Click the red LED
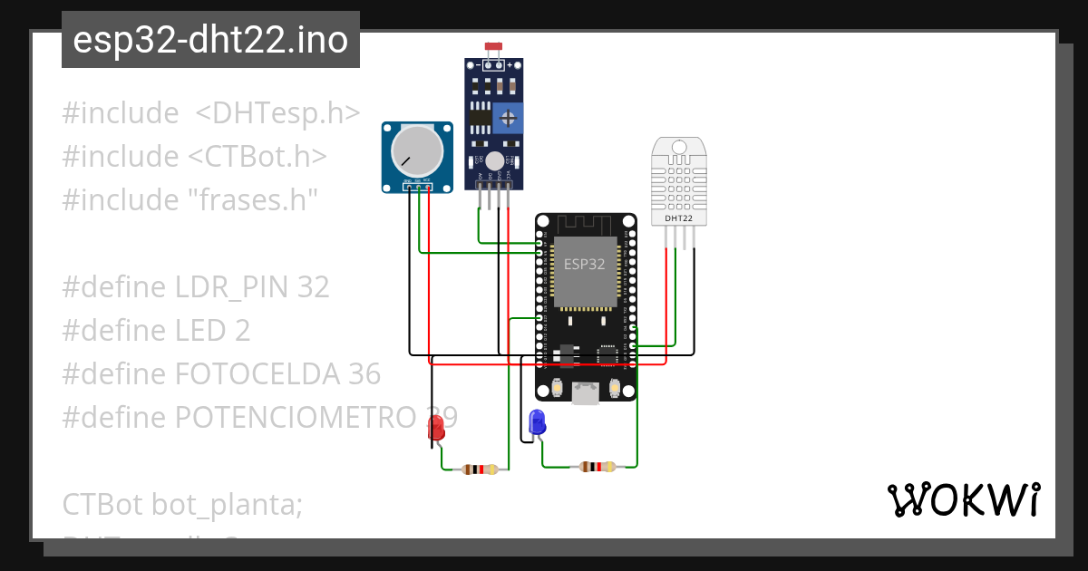tap(436, 429)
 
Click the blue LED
tap(537, 421)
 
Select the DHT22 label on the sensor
tap(679, 218)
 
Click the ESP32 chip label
tap(585, 265)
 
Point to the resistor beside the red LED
tap(480, 469)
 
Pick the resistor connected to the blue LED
tap(597, 467)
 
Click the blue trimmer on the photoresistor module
tap(509, 117)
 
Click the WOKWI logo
tap(963, 499)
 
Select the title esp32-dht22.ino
tap(210, 41)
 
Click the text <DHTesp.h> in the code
tap(277, 113)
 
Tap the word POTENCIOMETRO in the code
tap(295, 417)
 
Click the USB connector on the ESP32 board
tap(585, 392)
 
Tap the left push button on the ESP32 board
tap(557, 389)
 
